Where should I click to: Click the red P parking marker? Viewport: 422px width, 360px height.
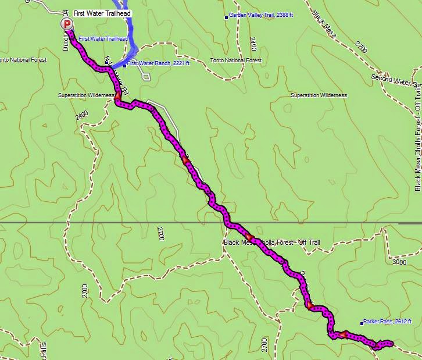click(67, 24)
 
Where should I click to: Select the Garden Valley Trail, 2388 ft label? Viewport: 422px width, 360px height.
click(259, 16)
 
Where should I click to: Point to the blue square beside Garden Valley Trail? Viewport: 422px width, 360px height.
click(227, 17)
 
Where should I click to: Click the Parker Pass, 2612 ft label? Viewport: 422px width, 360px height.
click(388, 321)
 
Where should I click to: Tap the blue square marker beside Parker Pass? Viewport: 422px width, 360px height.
click(362, 322)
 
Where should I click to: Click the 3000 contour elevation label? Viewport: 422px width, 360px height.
click(399, 262)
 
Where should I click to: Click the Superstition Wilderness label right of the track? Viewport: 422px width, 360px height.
click(319, 95)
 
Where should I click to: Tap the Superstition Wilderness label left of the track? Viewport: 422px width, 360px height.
click(85, 95)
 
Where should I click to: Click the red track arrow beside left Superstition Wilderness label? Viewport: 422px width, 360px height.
click(118, 95)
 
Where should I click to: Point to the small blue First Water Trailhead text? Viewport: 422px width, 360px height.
click(103, 38)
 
